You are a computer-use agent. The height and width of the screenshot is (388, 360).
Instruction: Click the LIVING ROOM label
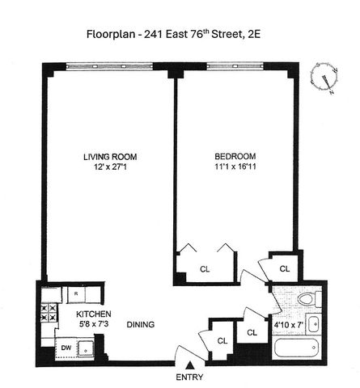(x=110, y=157)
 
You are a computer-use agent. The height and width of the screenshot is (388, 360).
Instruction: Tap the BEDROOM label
(x=235, y=156)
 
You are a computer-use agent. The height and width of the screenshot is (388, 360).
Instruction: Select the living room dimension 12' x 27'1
(x=110, y=167)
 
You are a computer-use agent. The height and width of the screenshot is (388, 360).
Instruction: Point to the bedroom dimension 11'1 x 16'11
(x=235, y=167)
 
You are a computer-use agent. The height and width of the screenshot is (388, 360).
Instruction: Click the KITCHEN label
(x=94, y=314)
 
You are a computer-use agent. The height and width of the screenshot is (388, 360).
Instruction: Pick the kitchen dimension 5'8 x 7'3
(x=94, y=323)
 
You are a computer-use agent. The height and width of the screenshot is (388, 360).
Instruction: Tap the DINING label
(x=141, y=324)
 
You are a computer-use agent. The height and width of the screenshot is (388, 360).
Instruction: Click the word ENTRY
(x=189, y=377)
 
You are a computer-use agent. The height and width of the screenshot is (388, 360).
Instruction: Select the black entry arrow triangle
(x=190, y=365)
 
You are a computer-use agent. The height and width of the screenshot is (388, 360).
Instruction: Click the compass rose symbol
(x=324, y=78)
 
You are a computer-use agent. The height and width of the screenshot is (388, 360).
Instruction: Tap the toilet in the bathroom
(x=309, y=299)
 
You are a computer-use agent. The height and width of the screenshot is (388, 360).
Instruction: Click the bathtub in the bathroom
(x=297, y=348)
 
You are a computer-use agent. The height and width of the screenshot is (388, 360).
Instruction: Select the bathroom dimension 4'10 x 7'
(x=289, y=325)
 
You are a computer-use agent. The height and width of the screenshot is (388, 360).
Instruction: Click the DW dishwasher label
(x=66, y=348)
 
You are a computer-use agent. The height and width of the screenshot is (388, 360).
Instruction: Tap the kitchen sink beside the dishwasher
(x=86, y=349)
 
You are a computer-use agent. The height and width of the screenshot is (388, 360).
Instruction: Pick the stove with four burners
(x=49, y=313)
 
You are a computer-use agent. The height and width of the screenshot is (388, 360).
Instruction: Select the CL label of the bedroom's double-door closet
(x=205, y=269)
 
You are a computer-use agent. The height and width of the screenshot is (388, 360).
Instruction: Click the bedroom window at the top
(x=235, y=66)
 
